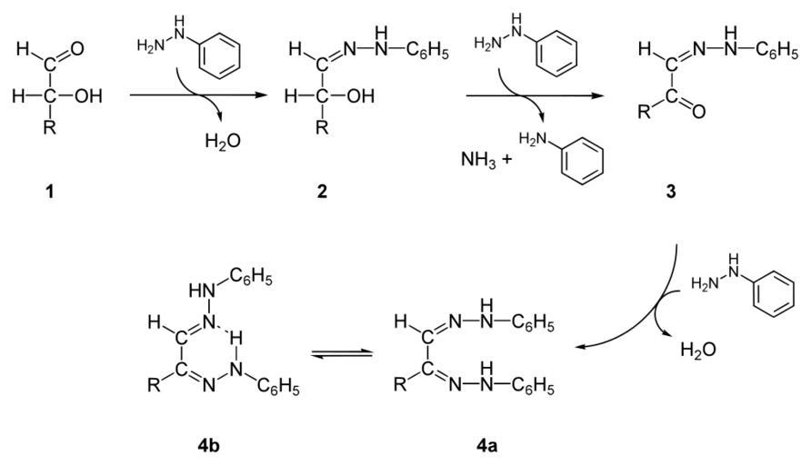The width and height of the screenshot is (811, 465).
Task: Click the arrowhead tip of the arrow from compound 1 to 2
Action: (258, 95)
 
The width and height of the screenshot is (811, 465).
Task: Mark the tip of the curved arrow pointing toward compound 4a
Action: (576, 347)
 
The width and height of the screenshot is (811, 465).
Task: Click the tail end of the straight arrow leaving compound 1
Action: (130, 95)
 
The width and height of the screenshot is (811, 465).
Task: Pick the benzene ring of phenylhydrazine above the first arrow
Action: (219, 55)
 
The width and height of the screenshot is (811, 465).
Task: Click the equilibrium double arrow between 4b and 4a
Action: (342, 353)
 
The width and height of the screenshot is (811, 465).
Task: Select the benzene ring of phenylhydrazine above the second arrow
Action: (556, 54)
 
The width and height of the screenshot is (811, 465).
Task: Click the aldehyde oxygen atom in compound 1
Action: (77, 49)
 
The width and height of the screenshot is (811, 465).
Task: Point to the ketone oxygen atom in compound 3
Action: (699, 111)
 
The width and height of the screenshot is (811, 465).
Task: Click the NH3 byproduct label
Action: (478, 160)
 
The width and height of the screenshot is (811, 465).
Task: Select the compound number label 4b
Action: (208, 445)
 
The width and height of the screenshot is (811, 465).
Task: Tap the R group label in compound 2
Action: (322, 127)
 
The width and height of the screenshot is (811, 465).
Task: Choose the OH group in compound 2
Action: (361, 95)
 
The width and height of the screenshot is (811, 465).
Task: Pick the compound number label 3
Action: (671, 192)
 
